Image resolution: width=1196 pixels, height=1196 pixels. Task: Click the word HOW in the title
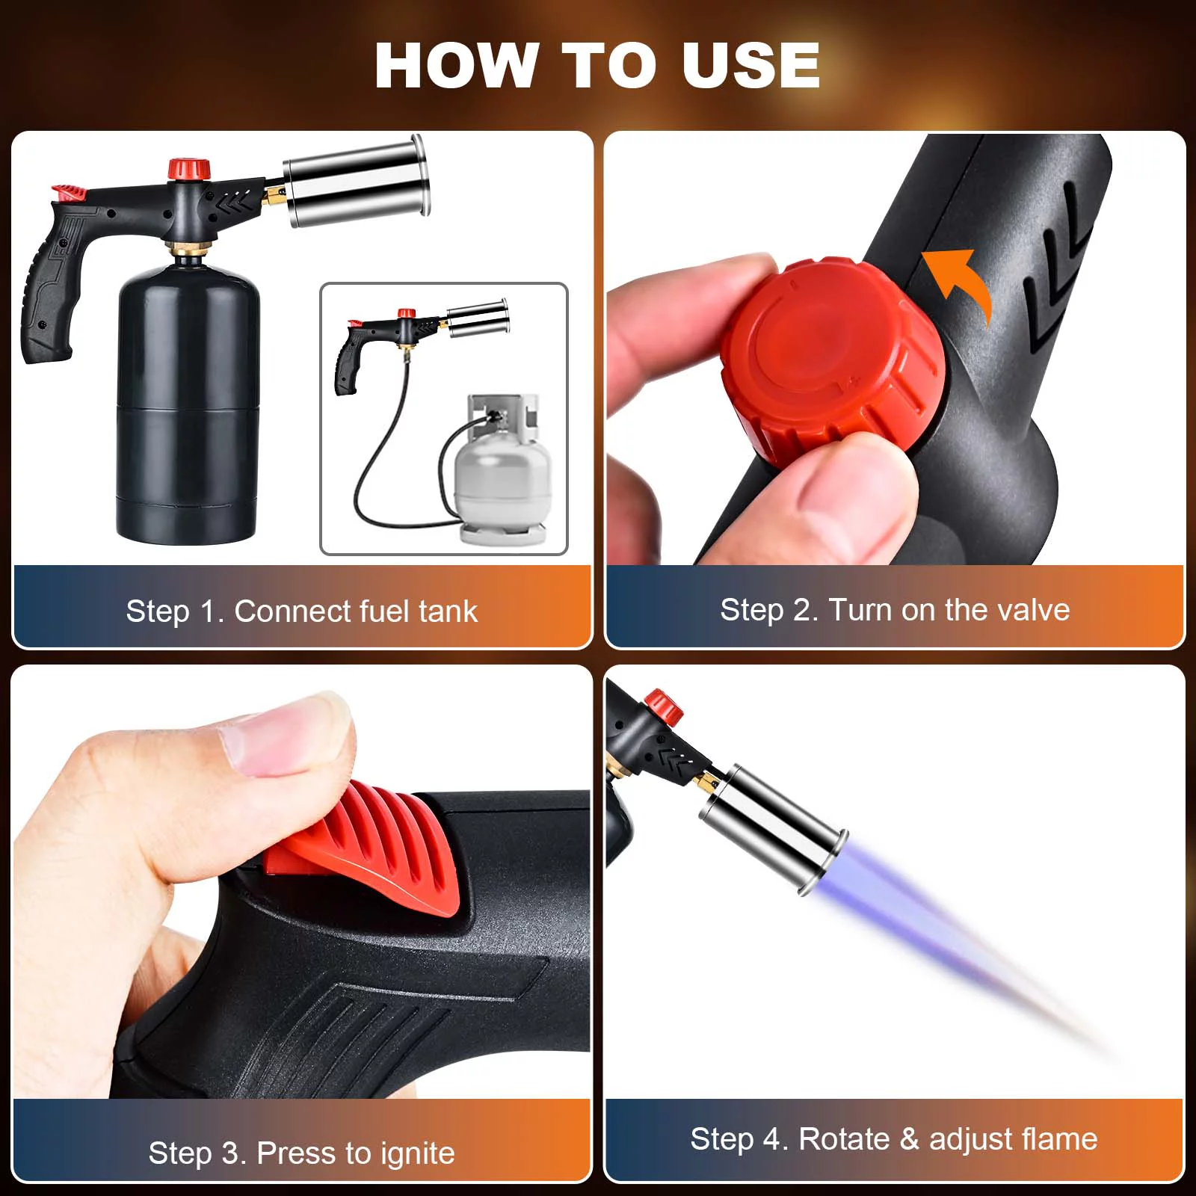[457, 65]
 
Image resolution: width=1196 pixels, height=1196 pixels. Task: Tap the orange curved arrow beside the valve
[961, 284]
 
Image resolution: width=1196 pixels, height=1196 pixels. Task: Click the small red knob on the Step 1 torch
[188, 169]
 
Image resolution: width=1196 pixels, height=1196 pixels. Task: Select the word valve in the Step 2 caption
[1033, 610]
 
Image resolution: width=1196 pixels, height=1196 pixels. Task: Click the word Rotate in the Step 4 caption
[844, 1139]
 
